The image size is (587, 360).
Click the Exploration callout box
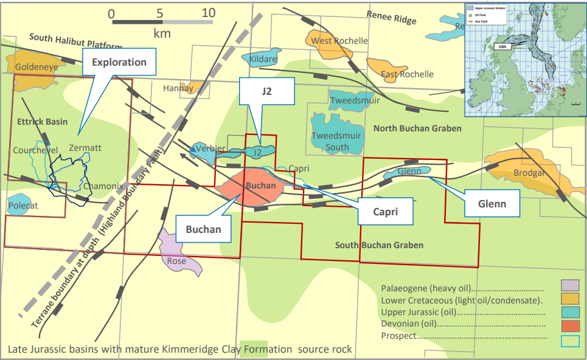(119, 62)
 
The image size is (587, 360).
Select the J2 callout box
(266, 91)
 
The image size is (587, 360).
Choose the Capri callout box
(384, 212)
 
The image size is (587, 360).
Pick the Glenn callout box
(492, 204)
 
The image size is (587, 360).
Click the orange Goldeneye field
(29, 66)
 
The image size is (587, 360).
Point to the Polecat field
(23, 206)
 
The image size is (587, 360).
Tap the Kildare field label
(263, 60)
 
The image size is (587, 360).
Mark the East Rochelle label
(407, 74)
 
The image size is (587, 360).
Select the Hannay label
(178, 88)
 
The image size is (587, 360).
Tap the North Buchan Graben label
(417, 128)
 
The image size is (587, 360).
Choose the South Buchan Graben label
(379, 245)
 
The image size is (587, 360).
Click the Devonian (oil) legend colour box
(570, 324)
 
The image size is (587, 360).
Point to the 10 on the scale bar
(208, 13)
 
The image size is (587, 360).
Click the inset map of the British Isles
(524, 59)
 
